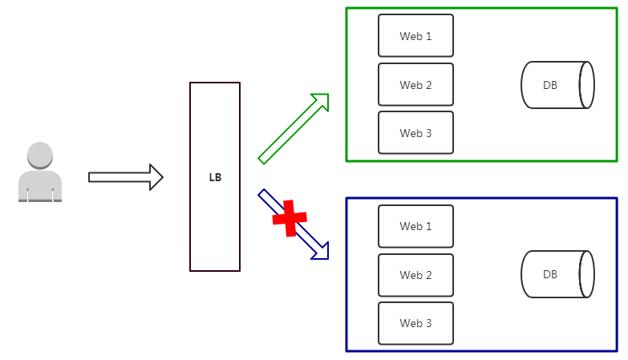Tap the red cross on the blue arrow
click(290, 217)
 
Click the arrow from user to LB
click(125, 177)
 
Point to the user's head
click(39, 155)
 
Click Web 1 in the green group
click(415, 36)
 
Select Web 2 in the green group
click(415, 85)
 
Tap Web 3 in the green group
click(415, 133)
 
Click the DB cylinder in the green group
click(557, 85)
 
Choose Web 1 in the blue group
click(415, 226)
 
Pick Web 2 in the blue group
click(415, 275)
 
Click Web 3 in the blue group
click(415, 323)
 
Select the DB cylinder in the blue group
click(557, 275)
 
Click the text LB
click(215, 178)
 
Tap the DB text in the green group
click(550, 85)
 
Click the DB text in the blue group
click(550, 274)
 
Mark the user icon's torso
click(39, 184)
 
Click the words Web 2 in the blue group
click(415, 275)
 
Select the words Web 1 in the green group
click(415, 36)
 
